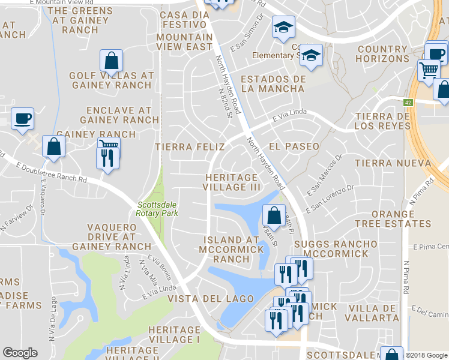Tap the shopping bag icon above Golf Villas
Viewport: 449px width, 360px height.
coord(111,61)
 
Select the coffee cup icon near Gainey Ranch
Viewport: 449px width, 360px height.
coord(22,119)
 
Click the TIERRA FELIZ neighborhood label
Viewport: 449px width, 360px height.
coord(189,146)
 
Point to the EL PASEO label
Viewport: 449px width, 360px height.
coord(294,146)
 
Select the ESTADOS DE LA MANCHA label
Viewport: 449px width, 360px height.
coord(273,84)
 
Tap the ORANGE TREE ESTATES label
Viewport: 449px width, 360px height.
coord(393,219)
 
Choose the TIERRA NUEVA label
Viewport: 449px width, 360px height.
coord(393,163)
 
